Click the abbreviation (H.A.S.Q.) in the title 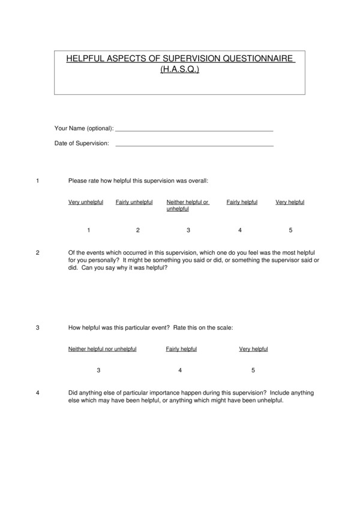click(x=179, y=70)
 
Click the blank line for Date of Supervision click(x=194, y=144)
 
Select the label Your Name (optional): click(x=84, y=128)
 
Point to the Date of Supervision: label click(x=82, y=144)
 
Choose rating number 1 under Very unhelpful click(x=89, y=230)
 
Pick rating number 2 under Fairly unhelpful click(x=138, y=230)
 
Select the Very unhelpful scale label click(x=86, y=202)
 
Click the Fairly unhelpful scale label click(x=134, y=202)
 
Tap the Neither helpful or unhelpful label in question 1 click(x=187, y=206)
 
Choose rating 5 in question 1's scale click(x=291, y=230)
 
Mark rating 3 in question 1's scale click(x=188, y=230)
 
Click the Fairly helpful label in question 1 click(x=242, y=202)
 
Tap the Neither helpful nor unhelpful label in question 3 click(x=103, y=349)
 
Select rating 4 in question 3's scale click(x=180, y=371)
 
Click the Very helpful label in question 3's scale click(x=253, y=349)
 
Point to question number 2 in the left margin click(x=38, y=252)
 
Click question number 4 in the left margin click(x=38, y=393)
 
